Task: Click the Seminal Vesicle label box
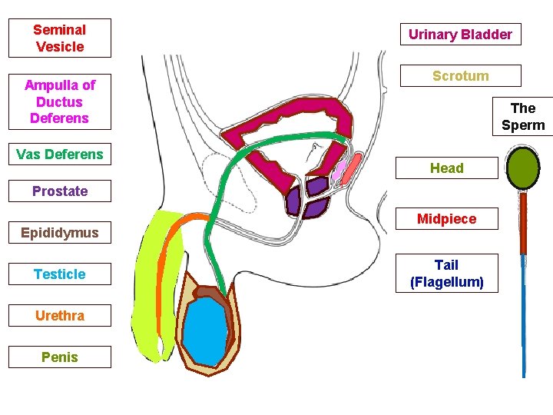click(x=59, y=38)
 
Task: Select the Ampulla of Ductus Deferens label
click(x=59, y=101)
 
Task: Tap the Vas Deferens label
click(x=59, y=154)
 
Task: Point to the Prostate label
click(x=59, y=191)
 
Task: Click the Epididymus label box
click(x=59, y=233)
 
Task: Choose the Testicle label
click(x=59, y=274)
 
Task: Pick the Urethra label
click(x=59, y=316)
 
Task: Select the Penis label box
click(x=59, y=357)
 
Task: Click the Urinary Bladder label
click(x=460, y=35)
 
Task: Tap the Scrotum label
click(x=460, y=76)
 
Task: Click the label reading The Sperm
click(x=523, y=117)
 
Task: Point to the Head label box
click(x=446, y=168)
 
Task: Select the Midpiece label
click(x=446, y=219)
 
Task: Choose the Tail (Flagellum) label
click(x=446, y=274)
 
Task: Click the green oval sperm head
click(x=524, y=170)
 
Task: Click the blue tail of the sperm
click(x=524, y=315)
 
